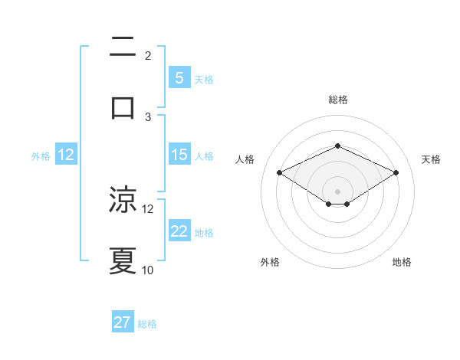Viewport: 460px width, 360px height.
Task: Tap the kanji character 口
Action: pos(123,107)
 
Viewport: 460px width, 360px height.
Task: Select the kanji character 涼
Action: pos(123,200)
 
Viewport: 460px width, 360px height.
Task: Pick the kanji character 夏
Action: pos(123,261)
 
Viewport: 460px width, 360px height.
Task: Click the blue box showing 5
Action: pos(179,77)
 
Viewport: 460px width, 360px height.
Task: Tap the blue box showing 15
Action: pos(179,155)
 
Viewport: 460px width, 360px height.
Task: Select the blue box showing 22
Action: pos(179,231)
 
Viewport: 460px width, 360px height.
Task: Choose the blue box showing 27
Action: pos(123,322)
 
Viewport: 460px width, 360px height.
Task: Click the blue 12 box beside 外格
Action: pos(66,155)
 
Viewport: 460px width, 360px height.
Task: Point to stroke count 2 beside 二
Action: pos(148,56)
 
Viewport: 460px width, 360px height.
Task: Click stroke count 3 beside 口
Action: pos(148,117)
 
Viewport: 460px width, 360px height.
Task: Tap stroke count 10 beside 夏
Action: pos(148,270)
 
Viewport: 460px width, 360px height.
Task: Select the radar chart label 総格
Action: pos(337,100)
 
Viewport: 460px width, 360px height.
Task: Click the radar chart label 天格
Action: pos(431,159)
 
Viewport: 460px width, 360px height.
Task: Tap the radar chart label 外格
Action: pos(270,262)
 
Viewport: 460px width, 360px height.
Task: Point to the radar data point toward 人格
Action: pos(279,172)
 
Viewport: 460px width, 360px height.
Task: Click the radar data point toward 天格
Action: pos(396,172)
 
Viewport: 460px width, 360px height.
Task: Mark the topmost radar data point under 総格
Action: pos(337,146)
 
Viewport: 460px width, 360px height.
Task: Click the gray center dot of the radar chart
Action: pos(337,191)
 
